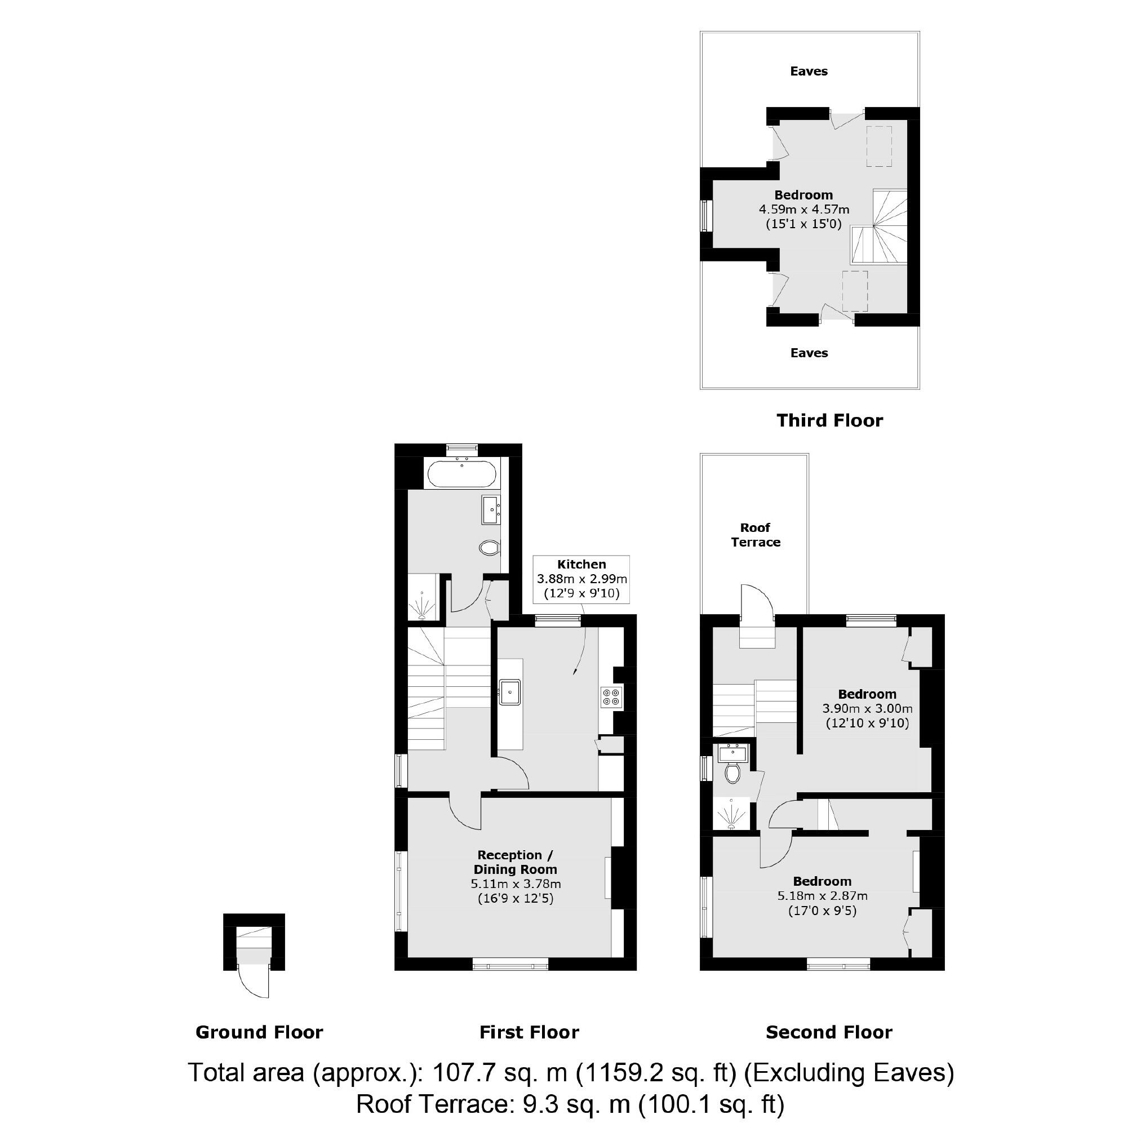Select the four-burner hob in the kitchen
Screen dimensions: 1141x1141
click(611, 698)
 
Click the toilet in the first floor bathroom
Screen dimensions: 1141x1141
click(490, 548)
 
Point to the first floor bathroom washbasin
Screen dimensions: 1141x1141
click(491, 510)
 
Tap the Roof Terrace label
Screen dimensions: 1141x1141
click(756, 535)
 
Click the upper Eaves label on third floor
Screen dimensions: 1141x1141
click(809, 72)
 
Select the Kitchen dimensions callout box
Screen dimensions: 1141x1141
click(581, 579)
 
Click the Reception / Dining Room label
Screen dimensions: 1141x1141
click(515, 862)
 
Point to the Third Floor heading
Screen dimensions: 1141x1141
click(829, 420)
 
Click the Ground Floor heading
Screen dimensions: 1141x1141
click(259, 1032)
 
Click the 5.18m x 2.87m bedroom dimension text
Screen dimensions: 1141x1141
click(822, 896)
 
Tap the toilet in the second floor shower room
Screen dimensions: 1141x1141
click(732, 772)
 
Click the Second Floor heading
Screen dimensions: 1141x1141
click(829, 1032)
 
